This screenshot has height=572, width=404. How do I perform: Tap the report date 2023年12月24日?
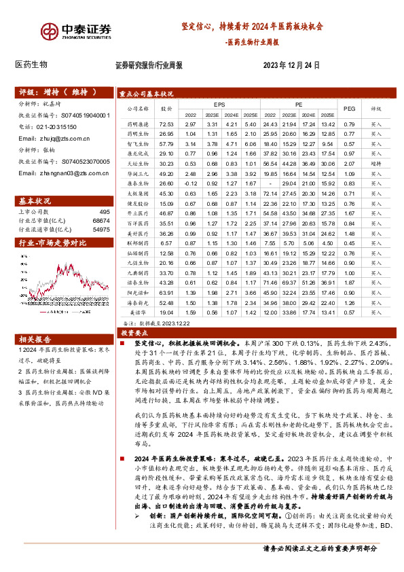point(290,66)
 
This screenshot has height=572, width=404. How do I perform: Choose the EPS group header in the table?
point(219,104)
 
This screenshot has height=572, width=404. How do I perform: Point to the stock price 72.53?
point(166,124)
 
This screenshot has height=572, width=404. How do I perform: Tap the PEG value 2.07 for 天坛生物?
point(350,164)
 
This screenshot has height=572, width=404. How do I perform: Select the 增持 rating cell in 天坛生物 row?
point(376,164)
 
